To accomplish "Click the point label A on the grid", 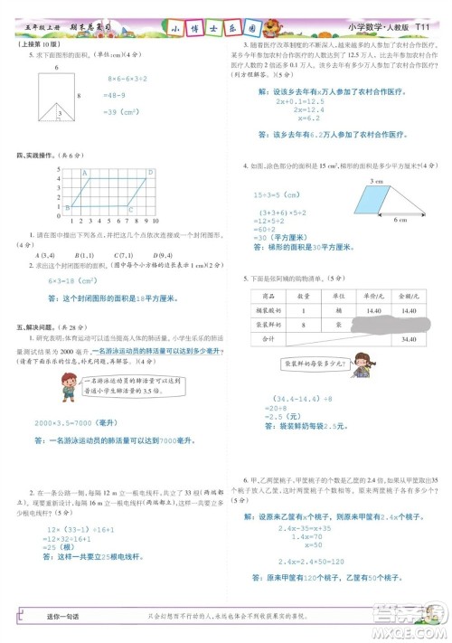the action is [x=86, y=172].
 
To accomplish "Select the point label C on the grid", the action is [x=130, y=209].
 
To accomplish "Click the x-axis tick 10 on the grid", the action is [x=156, y=221].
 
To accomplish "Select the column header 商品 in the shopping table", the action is [x=268, y=296].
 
